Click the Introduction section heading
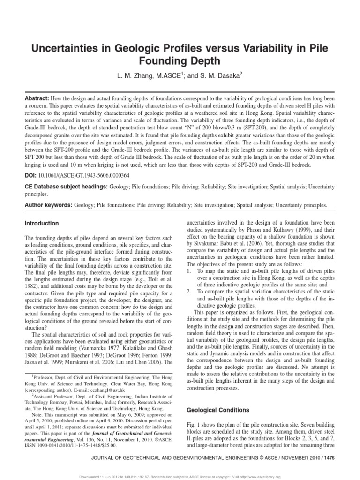coord(42,224)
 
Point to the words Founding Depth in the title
coord(180,62)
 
